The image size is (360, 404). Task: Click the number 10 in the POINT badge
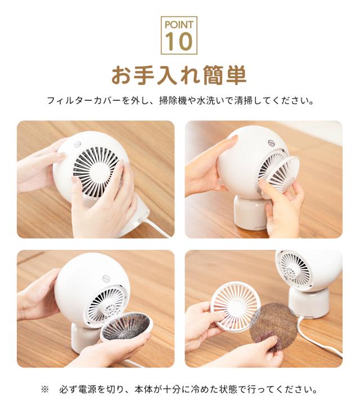(179, 41)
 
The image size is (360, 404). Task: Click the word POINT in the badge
(179, 25)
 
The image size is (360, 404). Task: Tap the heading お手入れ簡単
(179, 75)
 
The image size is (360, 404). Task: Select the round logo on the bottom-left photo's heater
(106, 279)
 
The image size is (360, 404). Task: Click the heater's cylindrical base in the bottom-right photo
(308, 302)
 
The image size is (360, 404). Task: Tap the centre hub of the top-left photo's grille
(97, 169)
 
